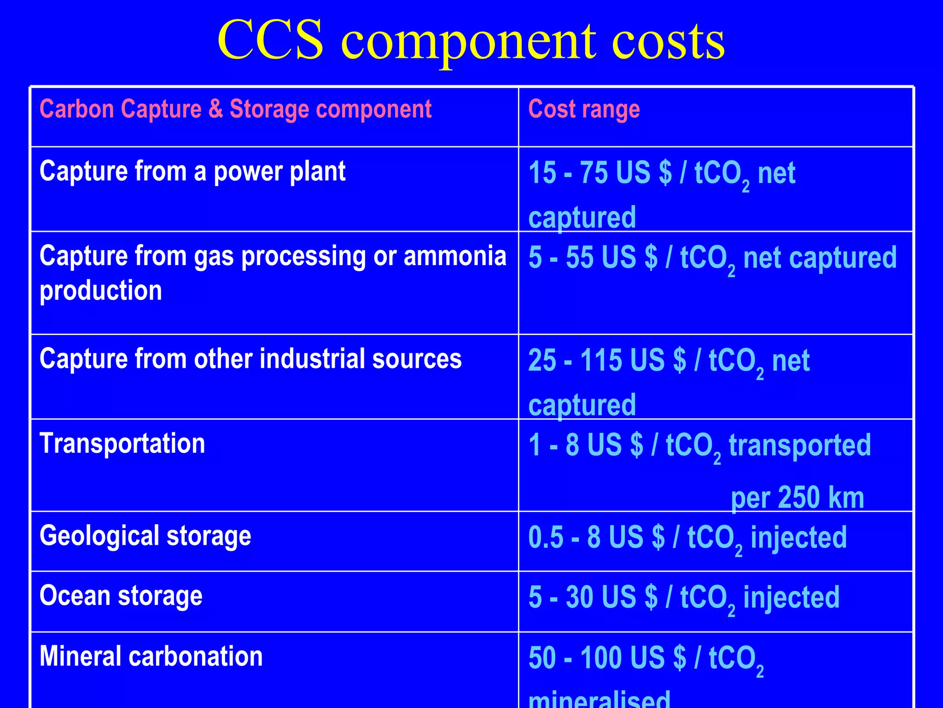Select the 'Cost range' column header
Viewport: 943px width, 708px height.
[584, 110]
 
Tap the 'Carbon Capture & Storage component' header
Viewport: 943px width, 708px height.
[235, 110]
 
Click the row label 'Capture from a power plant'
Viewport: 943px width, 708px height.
[192, 171]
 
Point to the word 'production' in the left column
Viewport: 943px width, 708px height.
[101, 291]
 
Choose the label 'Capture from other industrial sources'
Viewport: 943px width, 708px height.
[250, 359]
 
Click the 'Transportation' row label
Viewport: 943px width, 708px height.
[122, 443]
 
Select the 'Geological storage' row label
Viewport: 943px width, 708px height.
[146, 536]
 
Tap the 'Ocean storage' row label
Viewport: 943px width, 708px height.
[121, 596]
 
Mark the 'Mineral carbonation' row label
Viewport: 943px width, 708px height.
[151, 656]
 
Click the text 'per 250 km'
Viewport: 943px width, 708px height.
[797, 498]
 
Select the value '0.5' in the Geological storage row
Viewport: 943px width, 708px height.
[546, 537]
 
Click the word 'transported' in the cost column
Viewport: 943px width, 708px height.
[800, 445]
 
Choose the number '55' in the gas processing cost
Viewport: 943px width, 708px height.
[579, 257]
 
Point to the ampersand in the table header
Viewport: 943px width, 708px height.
[215, 110]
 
